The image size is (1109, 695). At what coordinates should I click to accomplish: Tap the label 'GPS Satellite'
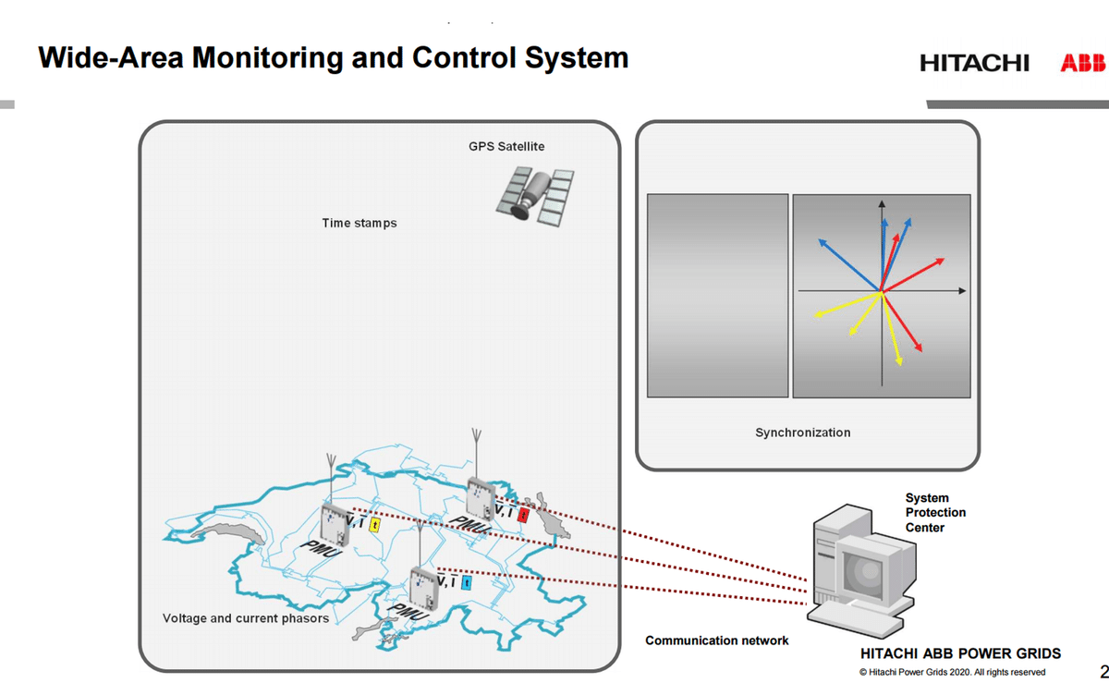[x=506, y=146]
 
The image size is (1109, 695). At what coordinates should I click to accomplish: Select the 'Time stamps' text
[x=359, y=223]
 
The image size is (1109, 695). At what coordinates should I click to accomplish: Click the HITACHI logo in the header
[x=974, y=63]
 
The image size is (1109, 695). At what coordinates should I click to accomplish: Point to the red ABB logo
[x=1082, y=63]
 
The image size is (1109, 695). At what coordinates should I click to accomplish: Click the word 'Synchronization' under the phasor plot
[x=802, y=433]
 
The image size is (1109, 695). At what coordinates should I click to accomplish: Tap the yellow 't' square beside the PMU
[x=374, y=525]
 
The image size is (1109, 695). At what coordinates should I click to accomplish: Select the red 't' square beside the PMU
[x=523, y=515]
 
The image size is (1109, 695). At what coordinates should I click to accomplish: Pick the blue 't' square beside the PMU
[x=466, y=582]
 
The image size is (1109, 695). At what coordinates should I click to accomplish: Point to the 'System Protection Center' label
[x=935, y=513]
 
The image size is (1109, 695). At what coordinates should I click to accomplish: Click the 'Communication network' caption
[x=716, y=640]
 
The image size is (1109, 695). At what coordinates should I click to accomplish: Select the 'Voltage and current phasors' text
[x=245, y=618]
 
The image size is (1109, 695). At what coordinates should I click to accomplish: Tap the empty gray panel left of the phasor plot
[x=717, y=295]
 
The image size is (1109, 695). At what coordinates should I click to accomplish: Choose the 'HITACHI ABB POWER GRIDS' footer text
[x=960, y=653]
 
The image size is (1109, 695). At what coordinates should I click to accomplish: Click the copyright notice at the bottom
[x=952, y=672]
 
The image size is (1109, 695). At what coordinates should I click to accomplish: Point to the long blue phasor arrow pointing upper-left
[x=848, y=265]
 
